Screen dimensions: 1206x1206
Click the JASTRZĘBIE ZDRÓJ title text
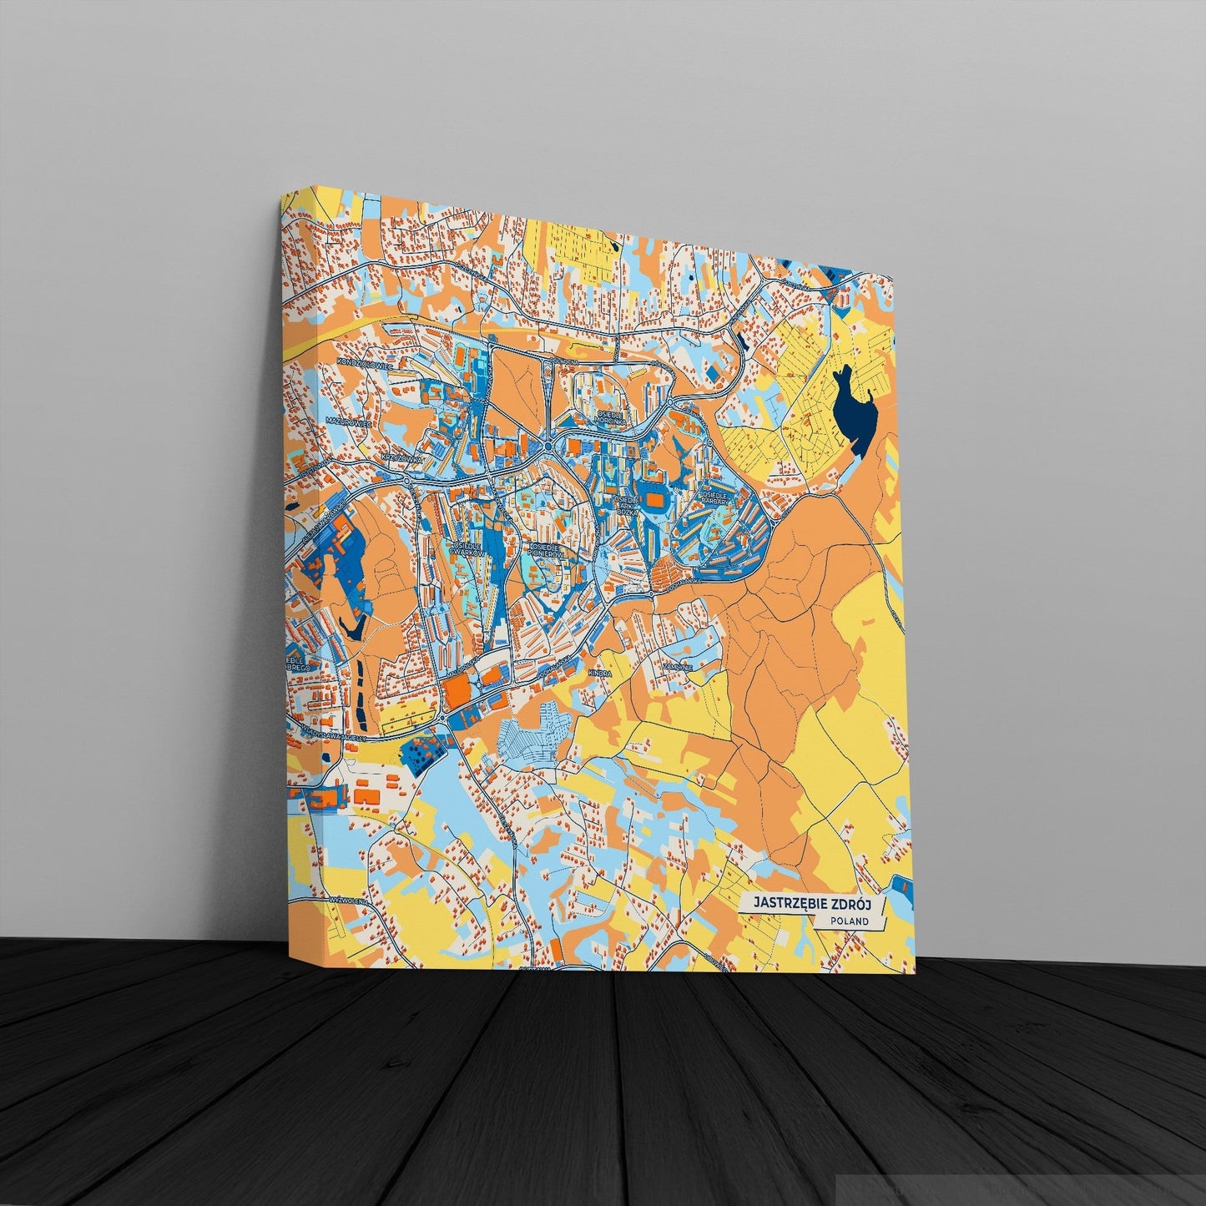(808, 903)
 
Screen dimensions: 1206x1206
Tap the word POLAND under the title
(850, 921)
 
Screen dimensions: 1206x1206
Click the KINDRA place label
(599, 673)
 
